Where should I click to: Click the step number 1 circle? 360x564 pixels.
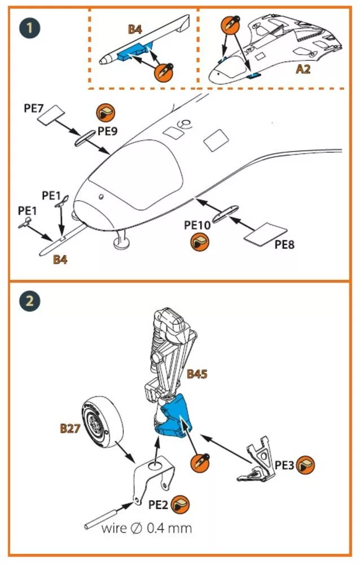tap(29, 28)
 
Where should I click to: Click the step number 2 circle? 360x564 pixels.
tap(29, 301)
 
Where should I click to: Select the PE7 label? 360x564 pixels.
tap(33, 108)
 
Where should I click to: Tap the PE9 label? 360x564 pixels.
tap(108, 131)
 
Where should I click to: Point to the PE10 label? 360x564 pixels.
tap(197, 225)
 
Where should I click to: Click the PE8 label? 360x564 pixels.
tap(284, 245)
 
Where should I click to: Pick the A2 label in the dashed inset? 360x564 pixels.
tap(303, 69)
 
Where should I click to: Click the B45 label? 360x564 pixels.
tap(197, 374)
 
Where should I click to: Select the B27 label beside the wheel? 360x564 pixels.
tap(70, 429)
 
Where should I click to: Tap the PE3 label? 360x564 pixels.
tap(284, 465)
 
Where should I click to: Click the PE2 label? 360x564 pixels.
tap(158, 505)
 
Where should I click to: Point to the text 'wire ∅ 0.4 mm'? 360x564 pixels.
tap(147, 528)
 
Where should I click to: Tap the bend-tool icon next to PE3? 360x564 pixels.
tap(306, 465)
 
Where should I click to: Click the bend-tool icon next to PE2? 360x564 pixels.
tap(179, 505)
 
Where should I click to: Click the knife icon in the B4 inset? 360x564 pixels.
tap(164, 72)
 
